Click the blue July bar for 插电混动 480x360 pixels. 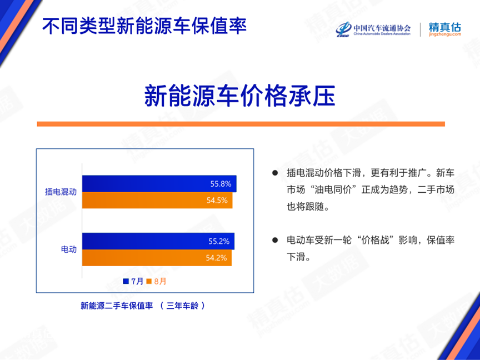point(159,184)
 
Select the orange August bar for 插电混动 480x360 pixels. point(157,200)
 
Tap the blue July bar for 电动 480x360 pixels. point(158,241)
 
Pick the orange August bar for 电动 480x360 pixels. point(157,258)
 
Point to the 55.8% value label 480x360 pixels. point(221,184)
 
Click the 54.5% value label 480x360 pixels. point(217,201)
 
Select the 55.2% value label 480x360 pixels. point(219,241)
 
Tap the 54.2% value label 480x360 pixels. point(217,258)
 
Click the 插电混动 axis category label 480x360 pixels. point(61,192)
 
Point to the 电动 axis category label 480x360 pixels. point(69,249)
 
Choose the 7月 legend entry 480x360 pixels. point(133,281)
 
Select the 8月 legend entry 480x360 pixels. point(157,281)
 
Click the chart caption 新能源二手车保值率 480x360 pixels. point(117,306)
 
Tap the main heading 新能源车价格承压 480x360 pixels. point(240,96)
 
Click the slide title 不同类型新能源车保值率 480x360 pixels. point(144,26)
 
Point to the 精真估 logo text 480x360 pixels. point(445,27)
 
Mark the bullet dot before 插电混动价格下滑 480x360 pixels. point(275,173)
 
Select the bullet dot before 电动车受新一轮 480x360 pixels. point(275,240)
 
